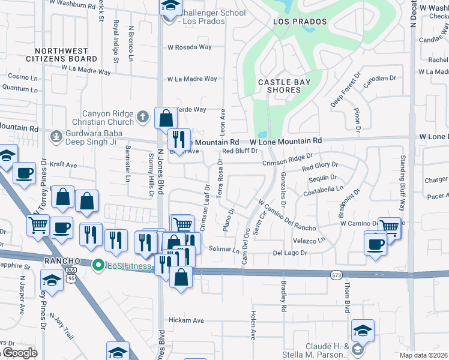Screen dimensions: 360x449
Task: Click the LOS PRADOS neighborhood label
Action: tap(300, 22)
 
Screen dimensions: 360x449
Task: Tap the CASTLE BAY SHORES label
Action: tap(279, 86)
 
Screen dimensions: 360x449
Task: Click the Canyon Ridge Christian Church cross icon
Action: tap(142, 116)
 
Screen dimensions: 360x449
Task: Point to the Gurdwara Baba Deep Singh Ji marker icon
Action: tap(56, 136)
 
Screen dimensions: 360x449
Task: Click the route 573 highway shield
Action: tap(336, 275)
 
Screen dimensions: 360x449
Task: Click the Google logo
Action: tap(19, 353)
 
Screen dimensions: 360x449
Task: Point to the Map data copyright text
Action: tap(423, 355)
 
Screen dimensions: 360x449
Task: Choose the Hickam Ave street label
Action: tap(186, 320)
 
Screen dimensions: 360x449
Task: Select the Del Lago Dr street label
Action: tap(294, 253)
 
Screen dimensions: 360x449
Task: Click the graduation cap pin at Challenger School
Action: tap(170, 7)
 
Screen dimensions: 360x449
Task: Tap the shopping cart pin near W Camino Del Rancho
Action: tap(389, 227)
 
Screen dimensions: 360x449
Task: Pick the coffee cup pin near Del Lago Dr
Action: tap(376, 244)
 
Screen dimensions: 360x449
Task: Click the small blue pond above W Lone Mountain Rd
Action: tap(261, 134)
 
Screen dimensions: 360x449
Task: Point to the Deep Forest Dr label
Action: tap(340, 94)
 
